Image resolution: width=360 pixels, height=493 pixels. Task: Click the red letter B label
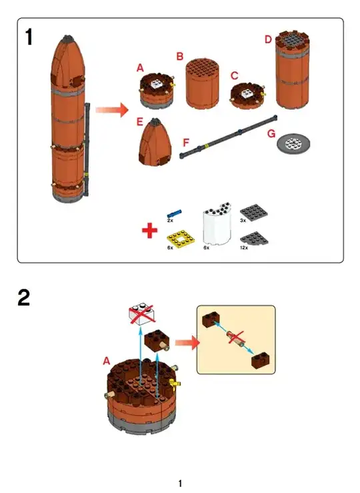pyautogui.click(x=180, y=56)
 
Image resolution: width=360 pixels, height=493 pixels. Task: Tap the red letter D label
pyautogui.click(x=268, y=39)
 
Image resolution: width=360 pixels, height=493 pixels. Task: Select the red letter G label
pyautogui.click(x=271, y=134)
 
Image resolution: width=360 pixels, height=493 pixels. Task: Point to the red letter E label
pyautogui.click(x=140, y=122)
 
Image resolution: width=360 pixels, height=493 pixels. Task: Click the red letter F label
pyautogui.click(x=186, y=143)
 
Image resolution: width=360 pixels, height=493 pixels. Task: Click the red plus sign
pyautogui.click(x=150, y=231)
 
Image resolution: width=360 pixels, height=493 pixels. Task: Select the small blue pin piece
pyautogui.click(x=175, y=213)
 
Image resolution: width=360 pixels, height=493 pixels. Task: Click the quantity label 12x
pyautogui.click(x=244, y=248)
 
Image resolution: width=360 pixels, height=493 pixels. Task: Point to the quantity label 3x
pyautogui.click(x=243, y=221)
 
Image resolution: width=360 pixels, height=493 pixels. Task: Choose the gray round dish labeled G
pyautogui.click(x=293, y=144)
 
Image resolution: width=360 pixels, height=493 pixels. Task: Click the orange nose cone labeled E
pyautogui.click(x=155, y=142)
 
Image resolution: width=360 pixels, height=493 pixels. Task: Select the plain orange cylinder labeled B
pyautogui.click(x=203, y=84)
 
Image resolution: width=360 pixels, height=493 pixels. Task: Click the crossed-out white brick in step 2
pyautogui.click(x=142, y=314)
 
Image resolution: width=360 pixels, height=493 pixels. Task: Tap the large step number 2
pyautogui.click(x=24, y=298)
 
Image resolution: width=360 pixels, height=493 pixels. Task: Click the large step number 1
pyautogui.click(x=29, y=37)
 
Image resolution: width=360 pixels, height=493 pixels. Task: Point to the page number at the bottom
pyautogui.click(x=180, y=483)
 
